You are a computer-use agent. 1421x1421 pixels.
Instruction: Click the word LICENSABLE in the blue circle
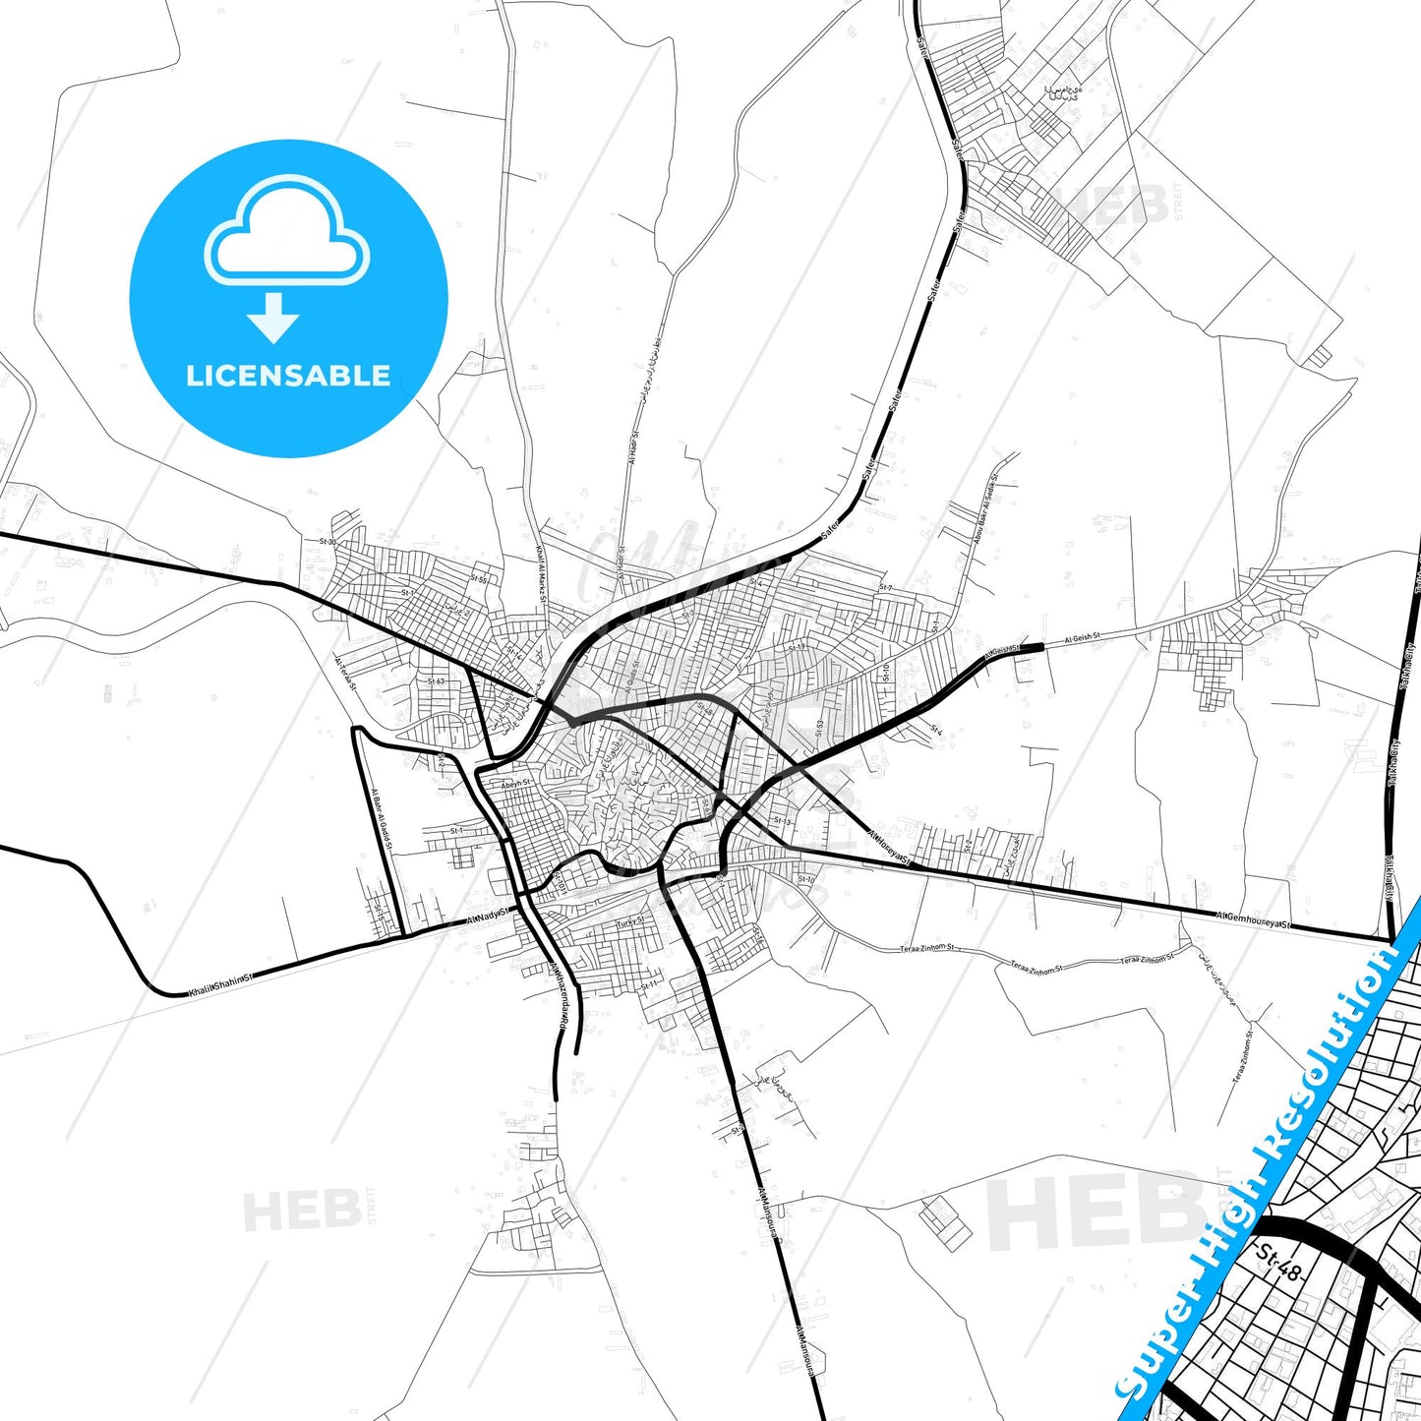[288, 376]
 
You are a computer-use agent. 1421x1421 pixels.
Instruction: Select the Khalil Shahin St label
[220, 985]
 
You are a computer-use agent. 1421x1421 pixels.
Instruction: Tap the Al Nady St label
[488, 917]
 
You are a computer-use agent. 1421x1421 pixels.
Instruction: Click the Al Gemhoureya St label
[1253, 919]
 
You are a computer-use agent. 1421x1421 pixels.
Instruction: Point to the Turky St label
[629, 922]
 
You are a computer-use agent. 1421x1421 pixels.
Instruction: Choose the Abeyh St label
[515, 784]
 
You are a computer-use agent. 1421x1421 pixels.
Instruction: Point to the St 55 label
[479, 580]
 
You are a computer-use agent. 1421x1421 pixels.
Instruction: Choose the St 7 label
[885, 587]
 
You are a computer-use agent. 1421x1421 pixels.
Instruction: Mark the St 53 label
[819, 728]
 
